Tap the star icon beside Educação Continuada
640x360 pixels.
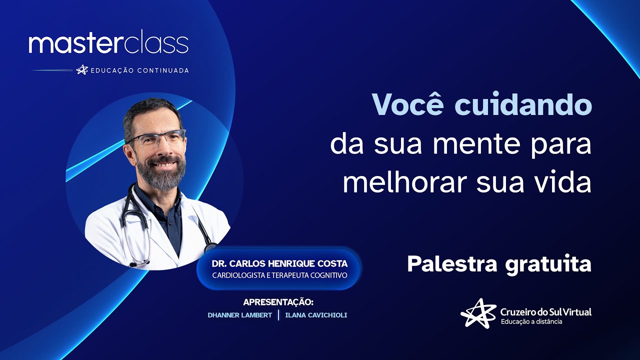(82, 70)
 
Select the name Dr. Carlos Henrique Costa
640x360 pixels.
(279, 263)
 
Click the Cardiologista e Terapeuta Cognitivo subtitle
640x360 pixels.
(279, 275)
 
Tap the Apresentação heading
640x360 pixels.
(278, 302)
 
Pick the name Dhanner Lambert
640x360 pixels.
(240, 315)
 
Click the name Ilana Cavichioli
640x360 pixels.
(316, 315)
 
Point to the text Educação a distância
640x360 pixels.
(531, 321)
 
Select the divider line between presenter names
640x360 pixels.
(278, 315)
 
